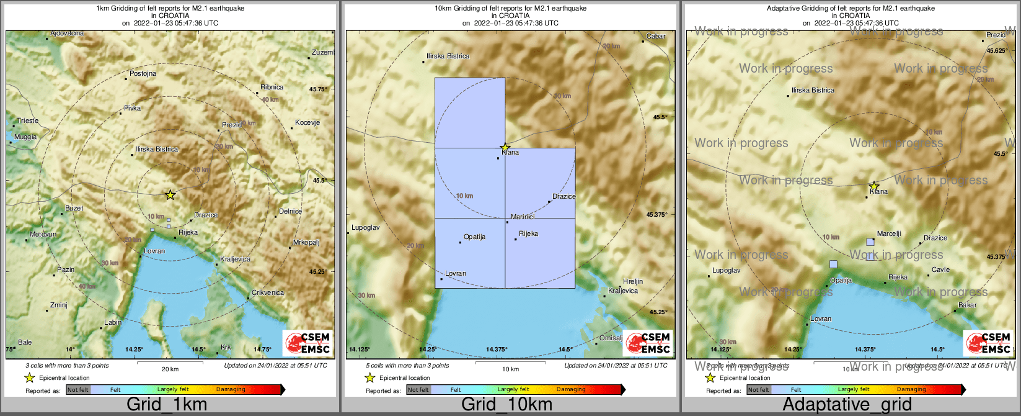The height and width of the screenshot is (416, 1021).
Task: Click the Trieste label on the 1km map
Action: pyautogui.click(x=27, y=120)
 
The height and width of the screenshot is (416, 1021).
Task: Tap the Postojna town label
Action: pyautogui.click(x=143, y=73)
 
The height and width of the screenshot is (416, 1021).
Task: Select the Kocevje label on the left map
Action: pyautogui.click(x=307, y=122)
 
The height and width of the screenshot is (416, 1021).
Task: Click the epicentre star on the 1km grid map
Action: pyautogui.click(x=170, y=195)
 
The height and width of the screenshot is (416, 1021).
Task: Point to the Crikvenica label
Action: pyautogui.click(x=268, y=292)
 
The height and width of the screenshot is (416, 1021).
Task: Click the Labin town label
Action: pyautogui.click(x=113, y=322)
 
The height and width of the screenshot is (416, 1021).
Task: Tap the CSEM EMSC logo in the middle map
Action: pyautogui.click(x=648, y=342)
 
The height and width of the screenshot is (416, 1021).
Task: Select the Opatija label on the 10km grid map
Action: pyautogui.click(x=474, y=237)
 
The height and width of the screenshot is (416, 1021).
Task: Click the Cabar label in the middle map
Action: pyautogui.click(x=656, y=36)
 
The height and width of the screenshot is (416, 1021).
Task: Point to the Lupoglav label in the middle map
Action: pyautogui.click(x=365, y=227)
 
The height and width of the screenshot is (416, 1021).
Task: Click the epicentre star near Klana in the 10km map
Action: pyautogui.click(x=505, y=147)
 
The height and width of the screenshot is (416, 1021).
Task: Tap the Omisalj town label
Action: pyautogui.click(x=611, y=338)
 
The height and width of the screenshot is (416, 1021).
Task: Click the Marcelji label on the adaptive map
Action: pyautogui.click(x=889, y=233)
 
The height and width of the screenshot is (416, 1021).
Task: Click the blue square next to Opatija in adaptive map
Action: pyautogui.click(x=833, y=264)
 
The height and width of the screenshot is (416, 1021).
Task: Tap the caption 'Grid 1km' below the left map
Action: pyautogui.click(x=167, y=405)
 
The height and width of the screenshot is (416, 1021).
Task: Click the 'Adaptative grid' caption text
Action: pyautogui.click(x=847, y=405)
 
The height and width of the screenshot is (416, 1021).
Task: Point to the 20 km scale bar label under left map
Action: pyautogui.click(x=170, y=369)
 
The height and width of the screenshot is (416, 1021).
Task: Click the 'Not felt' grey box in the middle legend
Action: pyautogui.click(x=418, y=389)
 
